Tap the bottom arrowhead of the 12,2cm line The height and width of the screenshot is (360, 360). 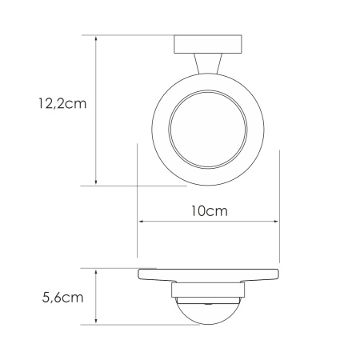[96, 182]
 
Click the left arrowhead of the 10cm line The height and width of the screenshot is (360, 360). [141, 222]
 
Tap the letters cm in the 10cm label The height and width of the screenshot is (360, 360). [218, 211]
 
